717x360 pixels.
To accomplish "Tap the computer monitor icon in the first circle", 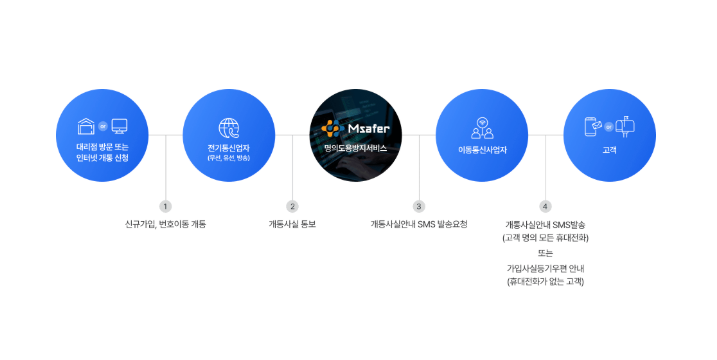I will [x=120, y=127].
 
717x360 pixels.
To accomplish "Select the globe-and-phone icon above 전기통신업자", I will [x=229, y=128].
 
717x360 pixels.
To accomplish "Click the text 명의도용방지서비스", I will [x=357, y=147].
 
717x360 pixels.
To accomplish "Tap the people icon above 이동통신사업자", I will [x=483, y=128].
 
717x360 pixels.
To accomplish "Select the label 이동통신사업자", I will [x=483, y=149].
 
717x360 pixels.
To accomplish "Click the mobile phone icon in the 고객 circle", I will [x=592, y=127].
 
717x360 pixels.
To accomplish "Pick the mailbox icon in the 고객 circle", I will [x=625, y=127].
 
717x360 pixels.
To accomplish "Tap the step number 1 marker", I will [x=166, y=206].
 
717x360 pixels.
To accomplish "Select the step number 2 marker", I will [x=293, y=206].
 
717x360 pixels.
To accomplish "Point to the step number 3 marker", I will [x=419, y=206].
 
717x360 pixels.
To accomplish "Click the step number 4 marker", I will [x=545, y=206].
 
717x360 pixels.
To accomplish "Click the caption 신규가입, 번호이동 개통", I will [x=166, y=224].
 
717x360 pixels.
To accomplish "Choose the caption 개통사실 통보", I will [x=293, y=224].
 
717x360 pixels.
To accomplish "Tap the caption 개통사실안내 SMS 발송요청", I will [x=419, y=224].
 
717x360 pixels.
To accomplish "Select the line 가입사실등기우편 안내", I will [x=545, y=269].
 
